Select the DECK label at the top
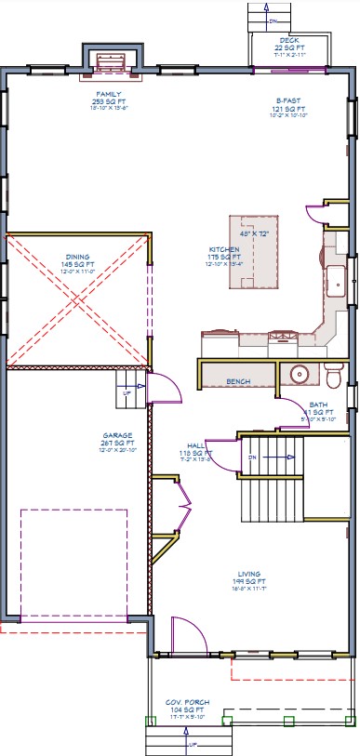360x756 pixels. (289, 41)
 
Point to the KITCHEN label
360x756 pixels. (223, 249)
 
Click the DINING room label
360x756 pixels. (78, 257)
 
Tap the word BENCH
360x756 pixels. (239, 381)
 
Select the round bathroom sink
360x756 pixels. (300, 375)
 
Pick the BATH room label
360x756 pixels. (318, 405)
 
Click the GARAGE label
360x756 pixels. (117, 434)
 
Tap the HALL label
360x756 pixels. (196, 445)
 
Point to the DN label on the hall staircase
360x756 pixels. (251, 458)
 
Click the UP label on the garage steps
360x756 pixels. (127, 392)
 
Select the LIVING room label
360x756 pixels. (248, 574)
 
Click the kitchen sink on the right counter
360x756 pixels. (335, 280)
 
